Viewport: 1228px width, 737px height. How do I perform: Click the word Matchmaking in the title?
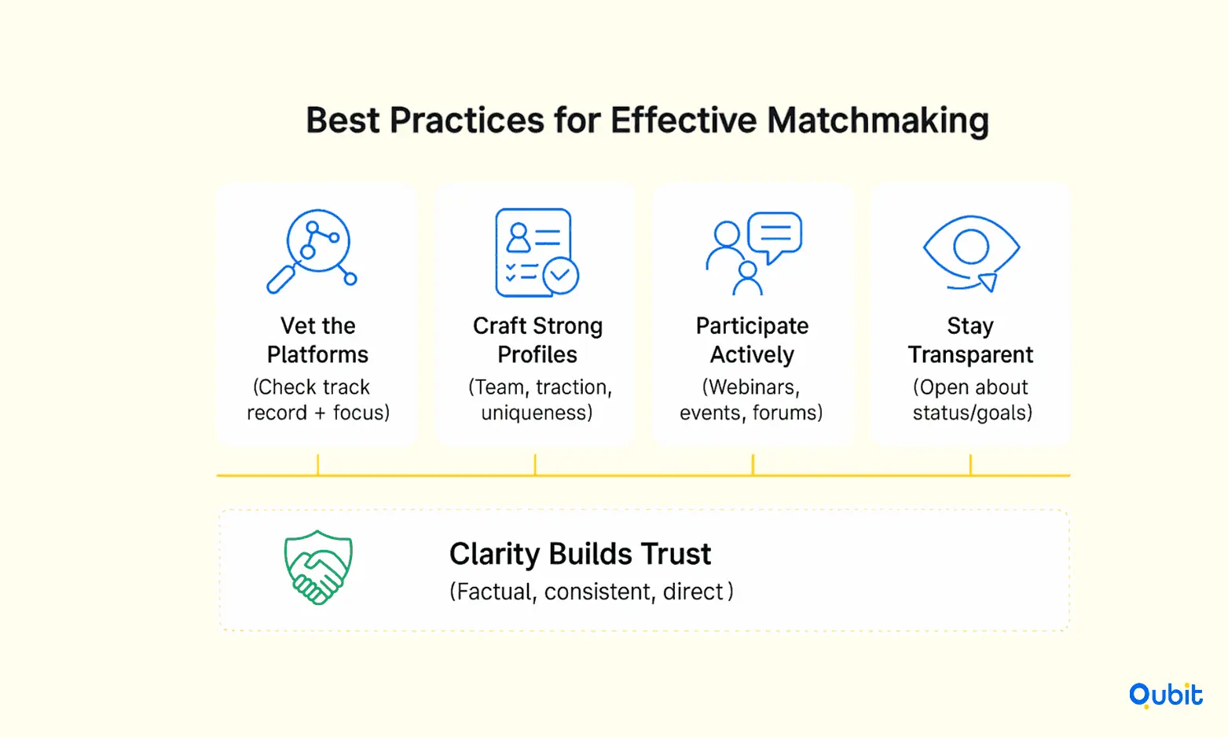tap(878, 121)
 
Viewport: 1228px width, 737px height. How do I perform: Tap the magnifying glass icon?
tap(311, 251)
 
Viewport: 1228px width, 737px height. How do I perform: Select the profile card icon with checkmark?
tap(537, 253)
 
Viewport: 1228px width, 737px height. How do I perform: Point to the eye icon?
tap(971, 253)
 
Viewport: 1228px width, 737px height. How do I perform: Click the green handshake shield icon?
tap(318, 567)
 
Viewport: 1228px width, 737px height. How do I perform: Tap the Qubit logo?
tap(1165, 695)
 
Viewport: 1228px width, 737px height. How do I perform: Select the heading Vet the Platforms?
tap(317, 340)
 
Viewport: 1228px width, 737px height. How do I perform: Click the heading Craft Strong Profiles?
tap(537, 340)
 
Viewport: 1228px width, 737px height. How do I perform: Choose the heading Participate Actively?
tap(752, 340)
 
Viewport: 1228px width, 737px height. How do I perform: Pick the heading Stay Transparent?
tap(970, 340)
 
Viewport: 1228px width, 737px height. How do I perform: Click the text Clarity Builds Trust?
tap(580, 554)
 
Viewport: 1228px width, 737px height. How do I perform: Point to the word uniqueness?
tap(534, 412)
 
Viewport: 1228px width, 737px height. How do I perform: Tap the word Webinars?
tap(751, 387)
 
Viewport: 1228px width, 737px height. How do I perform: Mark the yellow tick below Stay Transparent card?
tap(970, 464)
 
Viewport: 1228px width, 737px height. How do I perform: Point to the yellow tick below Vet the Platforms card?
tap(318, 464)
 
